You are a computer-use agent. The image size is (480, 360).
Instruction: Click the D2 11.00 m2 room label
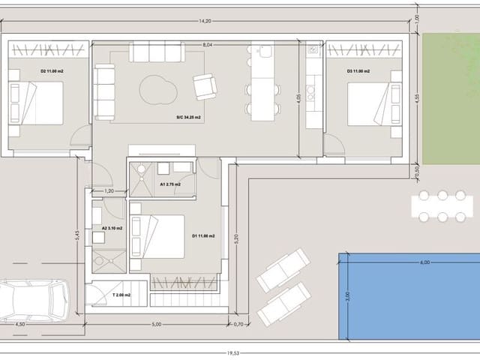[x=52, y=70]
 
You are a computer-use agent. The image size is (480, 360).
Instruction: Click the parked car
[x=34, y=301]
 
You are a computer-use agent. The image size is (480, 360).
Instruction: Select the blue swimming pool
[x=409, y=295]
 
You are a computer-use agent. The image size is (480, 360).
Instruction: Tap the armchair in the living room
[x=205, y=86]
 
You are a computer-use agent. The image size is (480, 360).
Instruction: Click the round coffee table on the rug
[x=157, y=91]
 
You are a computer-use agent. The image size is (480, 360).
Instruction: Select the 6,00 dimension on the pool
[x=425, y=262]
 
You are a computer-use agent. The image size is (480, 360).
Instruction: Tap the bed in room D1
[x=157, y=236]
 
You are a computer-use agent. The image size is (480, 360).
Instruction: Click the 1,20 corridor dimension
[x=109, y=191]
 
